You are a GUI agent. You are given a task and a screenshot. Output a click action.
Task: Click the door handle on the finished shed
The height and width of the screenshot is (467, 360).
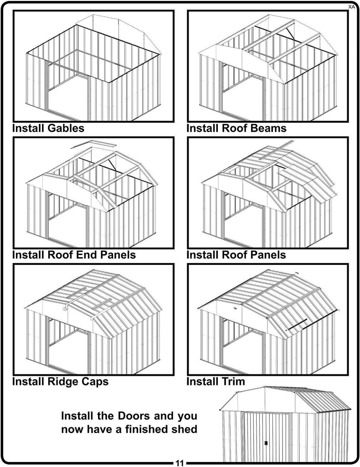[x=266, y=443]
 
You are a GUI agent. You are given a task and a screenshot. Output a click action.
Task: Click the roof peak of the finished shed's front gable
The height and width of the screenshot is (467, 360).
[x=265, y=388]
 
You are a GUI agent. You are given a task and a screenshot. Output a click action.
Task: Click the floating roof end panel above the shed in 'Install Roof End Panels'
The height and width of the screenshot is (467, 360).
[x=93, y=145]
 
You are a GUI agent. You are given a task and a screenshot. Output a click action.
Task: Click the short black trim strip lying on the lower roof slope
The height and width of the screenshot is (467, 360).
[x=296, y=325]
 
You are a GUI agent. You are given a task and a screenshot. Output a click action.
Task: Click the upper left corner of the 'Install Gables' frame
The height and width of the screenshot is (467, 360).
[x=13, y=11]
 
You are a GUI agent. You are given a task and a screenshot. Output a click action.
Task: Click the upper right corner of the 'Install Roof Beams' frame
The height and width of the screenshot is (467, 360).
[x=348, y=11]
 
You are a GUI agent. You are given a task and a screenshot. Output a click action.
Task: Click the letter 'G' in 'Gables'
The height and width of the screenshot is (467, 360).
[x=51, y=128]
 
